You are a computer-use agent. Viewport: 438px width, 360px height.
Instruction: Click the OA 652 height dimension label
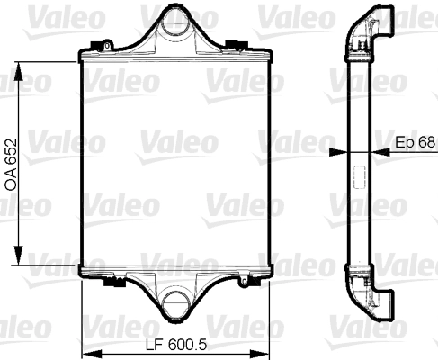(x=12, y=165)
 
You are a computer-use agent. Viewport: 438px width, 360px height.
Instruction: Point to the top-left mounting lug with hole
(x=107, y=44)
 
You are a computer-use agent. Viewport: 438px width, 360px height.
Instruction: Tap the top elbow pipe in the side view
(x=371, y=27)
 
